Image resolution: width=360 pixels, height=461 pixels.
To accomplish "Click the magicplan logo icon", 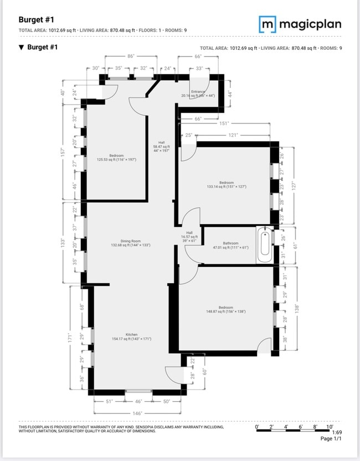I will pos(268,24).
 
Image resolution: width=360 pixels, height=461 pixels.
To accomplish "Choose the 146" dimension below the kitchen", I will pos(137,413).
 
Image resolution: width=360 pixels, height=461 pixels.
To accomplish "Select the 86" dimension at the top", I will pos(131,56).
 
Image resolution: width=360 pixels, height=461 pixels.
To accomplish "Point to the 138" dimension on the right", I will pos(297,308).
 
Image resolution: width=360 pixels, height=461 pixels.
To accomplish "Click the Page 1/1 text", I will pos(331,439).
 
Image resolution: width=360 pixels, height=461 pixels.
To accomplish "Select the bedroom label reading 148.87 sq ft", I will pos(225,309).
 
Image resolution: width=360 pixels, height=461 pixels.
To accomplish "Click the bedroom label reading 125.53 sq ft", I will pos(116,158).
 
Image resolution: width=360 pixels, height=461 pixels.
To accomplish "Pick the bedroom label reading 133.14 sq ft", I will pos(226,185).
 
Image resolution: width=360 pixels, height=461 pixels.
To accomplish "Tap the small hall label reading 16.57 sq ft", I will pos(189,237).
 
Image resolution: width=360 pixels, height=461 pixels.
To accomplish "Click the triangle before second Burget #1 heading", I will pos(21,48).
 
